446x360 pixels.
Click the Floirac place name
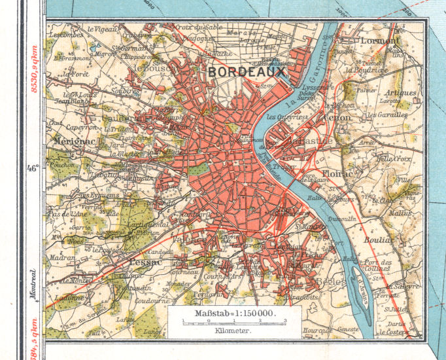click(338, 173)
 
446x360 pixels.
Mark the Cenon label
click(337, 118)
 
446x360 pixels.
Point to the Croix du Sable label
click(201, 28)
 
